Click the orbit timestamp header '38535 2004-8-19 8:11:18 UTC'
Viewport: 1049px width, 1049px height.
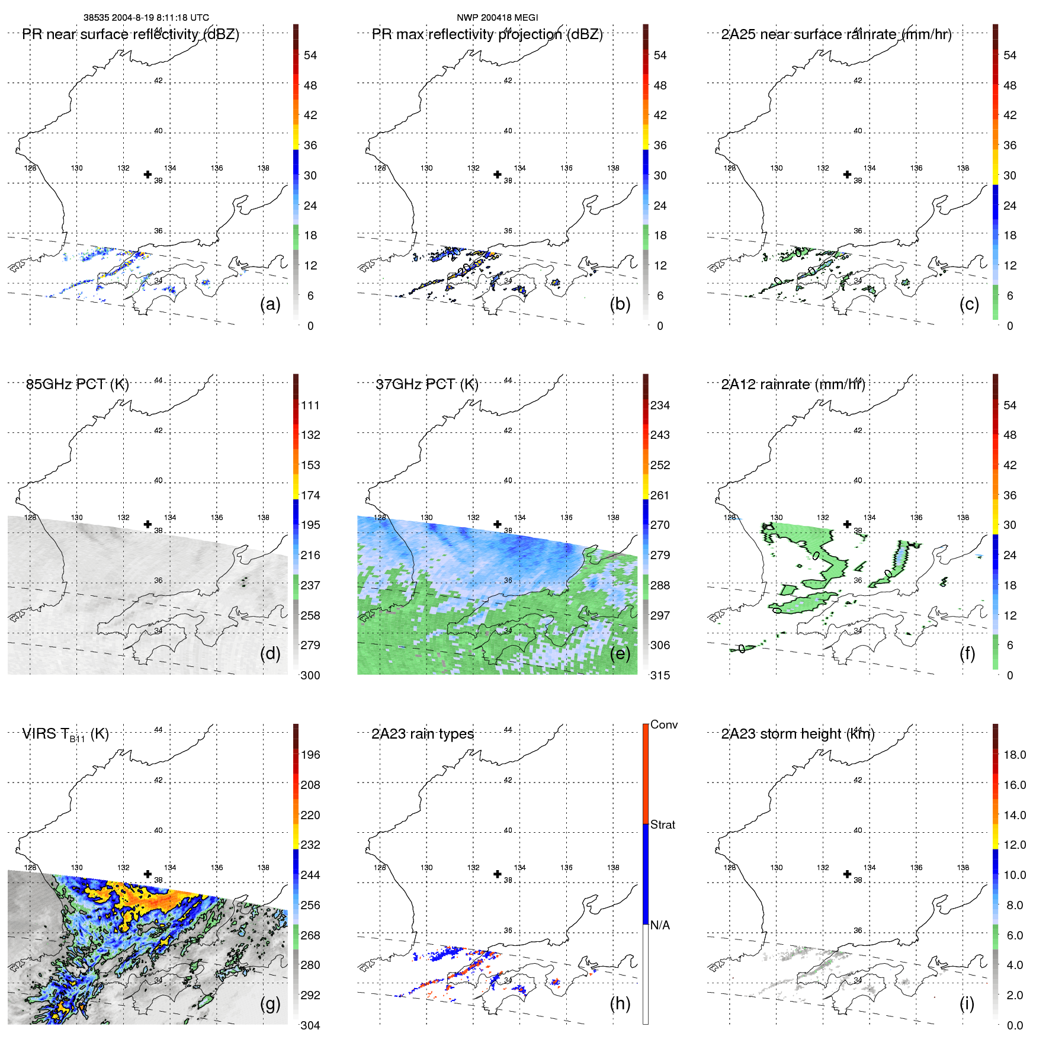[146, 18]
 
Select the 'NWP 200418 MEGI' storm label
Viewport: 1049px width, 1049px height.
[497, 18]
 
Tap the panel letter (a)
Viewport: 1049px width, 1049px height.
[270, 304]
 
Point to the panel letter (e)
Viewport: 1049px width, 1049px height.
[620, 654]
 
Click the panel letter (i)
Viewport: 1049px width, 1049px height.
[967, 1003]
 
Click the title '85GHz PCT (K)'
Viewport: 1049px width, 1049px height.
[77, 384]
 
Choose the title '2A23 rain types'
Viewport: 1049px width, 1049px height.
[422, 734]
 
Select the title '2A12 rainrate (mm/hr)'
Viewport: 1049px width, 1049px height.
[793, 384]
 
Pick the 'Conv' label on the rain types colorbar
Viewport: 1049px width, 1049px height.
[664, 725]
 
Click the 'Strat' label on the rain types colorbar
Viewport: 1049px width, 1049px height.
[663, 825]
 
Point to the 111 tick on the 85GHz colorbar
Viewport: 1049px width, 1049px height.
[310, 406]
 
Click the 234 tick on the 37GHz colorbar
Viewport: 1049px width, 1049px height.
[660, 406]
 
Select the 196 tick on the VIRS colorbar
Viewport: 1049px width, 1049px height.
[310, 755]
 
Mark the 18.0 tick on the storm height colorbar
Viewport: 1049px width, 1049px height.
[1015, 755]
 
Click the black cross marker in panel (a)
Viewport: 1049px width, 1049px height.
[148, 174]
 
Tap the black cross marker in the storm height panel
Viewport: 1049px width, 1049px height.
[848, 874]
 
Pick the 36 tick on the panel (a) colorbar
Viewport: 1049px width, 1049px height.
[310, 146]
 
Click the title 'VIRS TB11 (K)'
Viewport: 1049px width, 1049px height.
[65, 734]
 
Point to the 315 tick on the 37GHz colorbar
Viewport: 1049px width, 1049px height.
[660, 676]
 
